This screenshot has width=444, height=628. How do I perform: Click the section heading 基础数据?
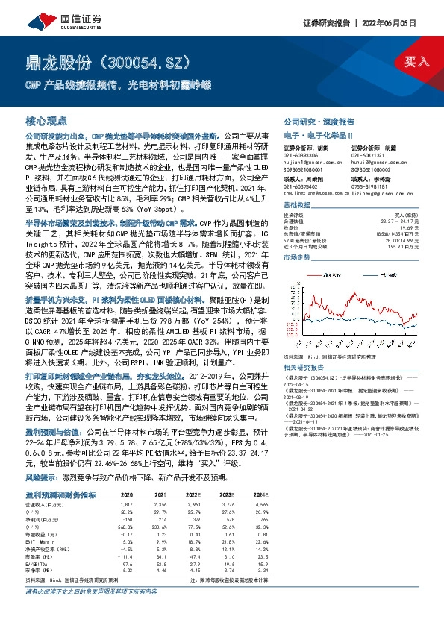[296, 204]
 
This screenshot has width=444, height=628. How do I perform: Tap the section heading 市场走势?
[296, 255]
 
